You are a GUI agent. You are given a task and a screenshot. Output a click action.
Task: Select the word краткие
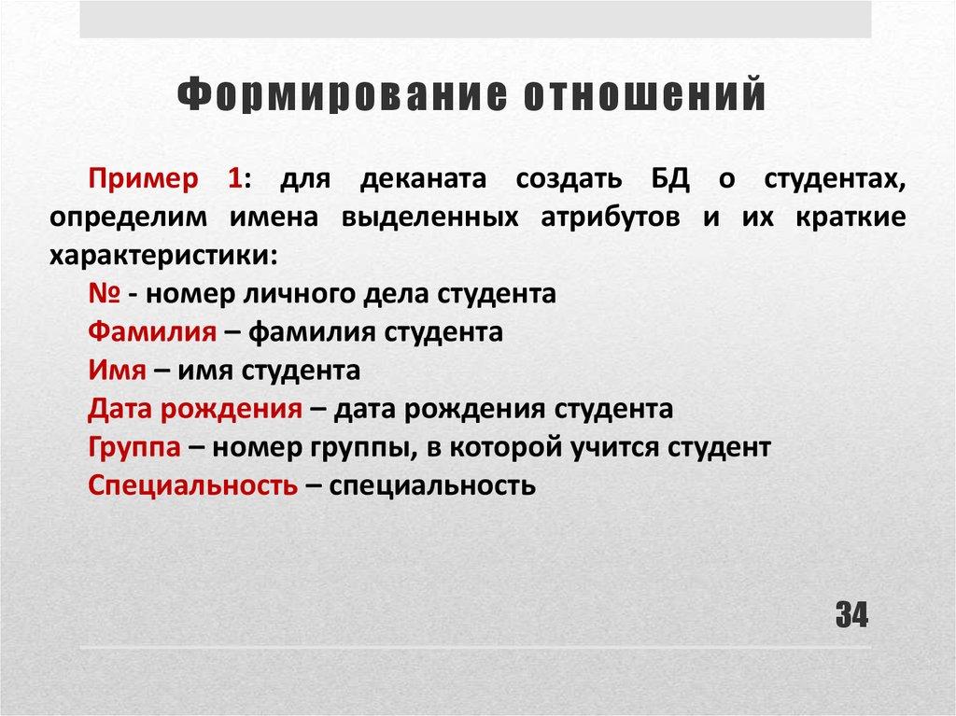851,218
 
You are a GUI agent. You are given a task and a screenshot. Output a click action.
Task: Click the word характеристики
163,255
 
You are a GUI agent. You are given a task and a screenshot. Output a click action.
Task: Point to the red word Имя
117,371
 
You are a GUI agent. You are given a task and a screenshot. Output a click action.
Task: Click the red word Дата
121,409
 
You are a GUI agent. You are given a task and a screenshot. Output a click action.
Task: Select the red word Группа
134,447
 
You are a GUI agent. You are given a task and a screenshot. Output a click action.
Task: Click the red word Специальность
193,485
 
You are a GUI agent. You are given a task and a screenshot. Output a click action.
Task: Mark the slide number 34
851,615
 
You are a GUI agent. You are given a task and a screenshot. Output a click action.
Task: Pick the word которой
502,447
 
